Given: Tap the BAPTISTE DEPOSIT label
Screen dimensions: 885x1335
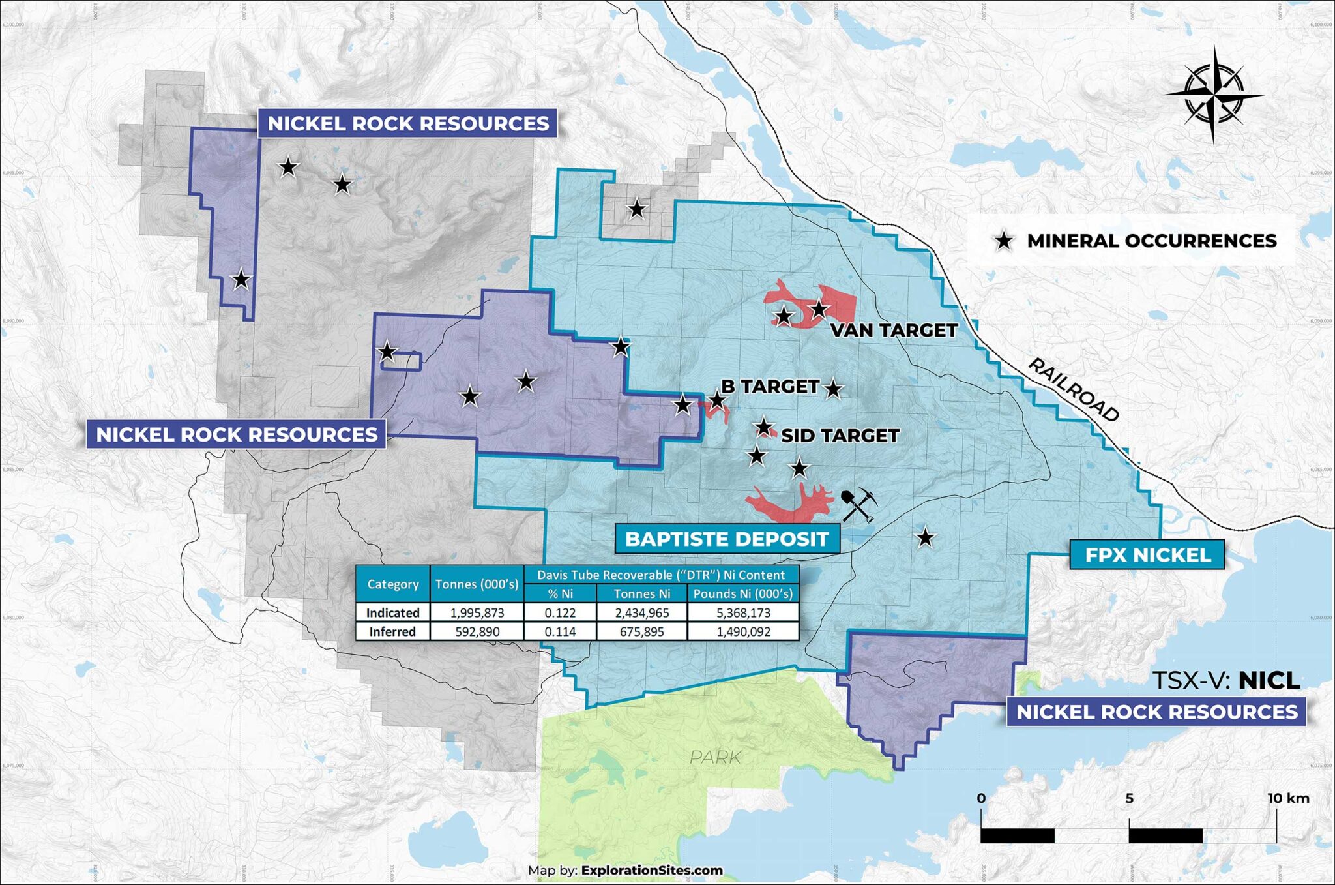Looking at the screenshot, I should pyautogui.click(x=727, y=539).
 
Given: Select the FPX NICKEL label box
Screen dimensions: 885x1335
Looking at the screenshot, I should pyautogui.click(x=1147, y=555).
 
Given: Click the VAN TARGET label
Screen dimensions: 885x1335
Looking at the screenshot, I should pyautogui.click(x=894, y=331).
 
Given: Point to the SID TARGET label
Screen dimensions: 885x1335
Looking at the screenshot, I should pyautogui.click(x=840, y=436).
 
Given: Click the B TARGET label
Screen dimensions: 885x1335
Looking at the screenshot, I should pyautogui.click(x=770, y=387).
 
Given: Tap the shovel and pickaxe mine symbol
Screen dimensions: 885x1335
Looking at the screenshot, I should pyautogui.click(x=858, y=505).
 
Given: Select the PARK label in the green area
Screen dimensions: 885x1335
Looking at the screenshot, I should pyautogui.click(x=715, y=757).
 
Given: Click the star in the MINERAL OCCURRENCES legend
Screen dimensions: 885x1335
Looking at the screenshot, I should pyautogui.click(x=1004, y=241).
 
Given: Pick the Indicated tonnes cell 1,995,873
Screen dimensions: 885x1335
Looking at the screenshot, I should pyautogui.click(x=477, y=613).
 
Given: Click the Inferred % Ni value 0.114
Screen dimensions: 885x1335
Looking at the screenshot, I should pyautogui.click(x=560, y=632).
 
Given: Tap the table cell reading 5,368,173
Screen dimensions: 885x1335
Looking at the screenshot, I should pyautogui.click(x=743, y=613).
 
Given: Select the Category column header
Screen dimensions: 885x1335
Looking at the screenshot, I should pyautogui.click(x=392, y=584).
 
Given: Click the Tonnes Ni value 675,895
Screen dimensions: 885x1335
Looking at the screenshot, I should pyautogui.click(x=641, y=632).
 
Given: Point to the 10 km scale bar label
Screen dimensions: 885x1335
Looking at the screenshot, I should pyautogui.click(x=1288, y=798).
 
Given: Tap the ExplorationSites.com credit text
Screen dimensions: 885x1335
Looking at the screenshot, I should pyautogui.click(x=652, y=870).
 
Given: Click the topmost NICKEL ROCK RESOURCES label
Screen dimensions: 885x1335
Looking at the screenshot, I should pyautogui.click(x=408, y=123).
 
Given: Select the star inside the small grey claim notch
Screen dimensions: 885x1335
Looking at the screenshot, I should pyautogui.click(x=637, y=210).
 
